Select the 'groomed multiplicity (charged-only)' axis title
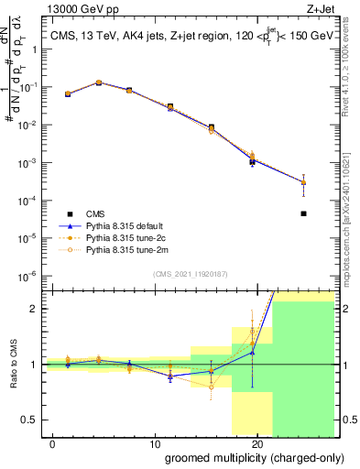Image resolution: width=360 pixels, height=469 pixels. [249, 457]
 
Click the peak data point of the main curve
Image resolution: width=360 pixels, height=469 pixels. [99, 82]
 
